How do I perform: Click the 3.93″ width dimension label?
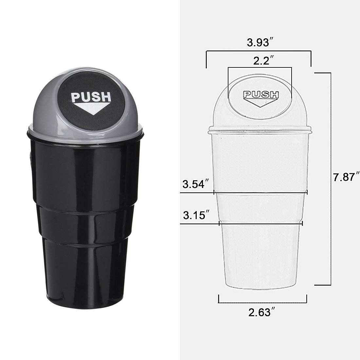coord(260,43)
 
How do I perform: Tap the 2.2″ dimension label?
coord(263,61)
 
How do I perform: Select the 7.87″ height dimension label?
coord(346,177)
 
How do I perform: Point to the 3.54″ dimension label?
coord(196,184)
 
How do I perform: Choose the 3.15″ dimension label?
coord(196,215)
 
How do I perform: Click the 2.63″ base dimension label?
coord(261,312)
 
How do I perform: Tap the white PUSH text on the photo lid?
coord(91,97)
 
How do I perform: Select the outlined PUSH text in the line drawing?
coord(261,95)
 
